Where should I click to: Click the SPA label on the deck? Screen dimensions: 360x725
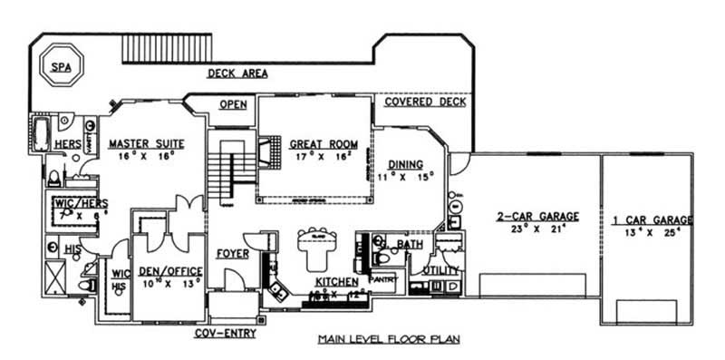click(x=60, y=66)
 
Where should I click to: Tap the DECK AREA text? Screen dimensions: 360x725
click(x=237, y=73)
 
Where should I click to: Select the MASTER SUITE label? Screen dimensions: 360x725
click(x=147, y=143)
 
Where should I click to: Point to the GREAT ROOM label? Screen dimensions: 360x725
click(x=324, y=144)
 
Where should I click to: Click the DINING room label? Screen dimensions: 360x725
click(x=406, y=164)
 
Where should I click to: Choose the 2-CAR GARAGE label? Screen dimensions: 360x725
click(x=537, y=216)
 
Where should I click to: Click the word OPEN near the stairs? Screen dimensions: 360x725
click(x=233, y=104)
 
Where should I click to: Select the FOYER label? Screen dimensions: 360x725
click(x=233, y=254)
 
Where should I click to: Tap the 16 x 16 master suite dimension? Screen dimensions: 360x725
click(x=147, y=155)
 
